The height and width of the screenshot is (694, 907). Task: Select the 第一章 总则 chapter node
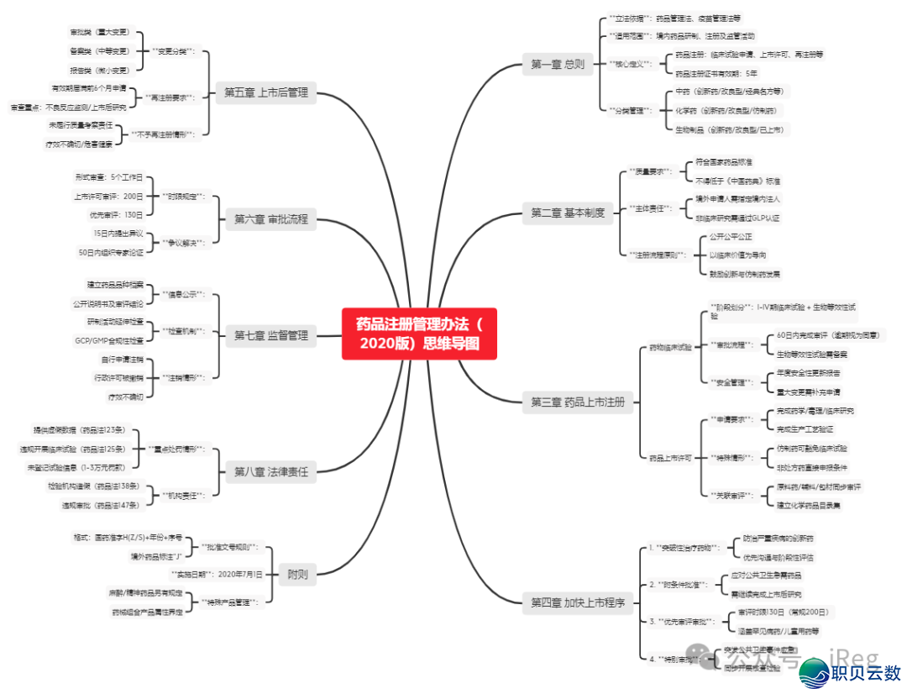pos(557,63)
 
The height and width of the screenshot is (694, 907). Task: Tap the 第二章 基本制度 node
pos(567,213)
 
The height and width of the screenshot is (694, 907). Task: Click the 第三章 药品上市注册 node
pos(578,402)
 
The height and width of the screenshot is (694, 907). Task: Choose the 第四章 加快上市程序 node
pos(578,602)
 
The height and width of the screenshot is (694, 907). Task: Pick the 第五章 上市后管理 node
pos(265,92)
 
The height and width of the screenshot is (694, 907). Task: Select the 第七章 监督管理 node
pos(270,335)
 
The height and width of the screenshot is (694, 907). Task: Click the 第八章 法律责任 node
pos(270,471)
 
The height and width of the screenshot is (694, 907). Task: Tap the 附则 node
pos(297,576)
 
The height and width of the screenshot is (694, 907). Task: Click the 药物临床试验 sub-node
pos(670,347)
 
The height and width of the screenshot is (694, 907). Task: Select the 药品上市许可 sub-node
pos(670,458)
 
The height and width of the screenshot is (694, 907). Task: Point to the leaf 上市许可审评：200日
pos(109,196)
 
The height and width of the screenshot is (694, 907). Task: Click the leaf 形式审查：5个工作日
pos(109,177)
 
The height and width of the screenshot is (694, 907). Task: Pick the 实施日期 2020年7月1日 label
pos(218,575)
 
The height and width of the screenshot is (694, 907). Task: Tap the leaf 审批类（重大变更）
pos(102,32)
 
